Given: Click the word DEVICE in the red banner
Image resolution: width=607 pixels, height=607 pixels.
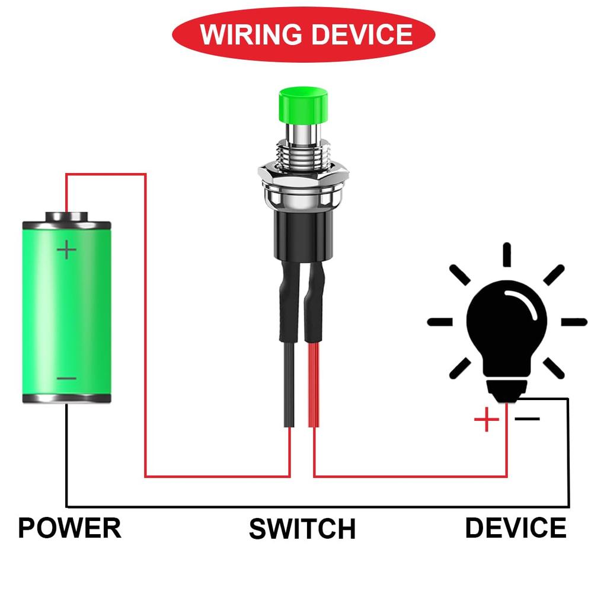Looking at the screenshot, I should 362,34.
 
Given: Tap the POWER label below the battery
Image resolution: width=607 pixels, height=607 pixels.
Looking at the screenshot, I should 69,528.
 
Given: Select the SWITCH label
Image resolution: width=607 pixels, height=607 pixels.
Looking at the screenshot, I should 302,529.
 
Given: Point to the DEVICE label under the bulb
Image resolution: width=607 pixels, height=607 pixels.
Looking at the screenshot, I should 515,528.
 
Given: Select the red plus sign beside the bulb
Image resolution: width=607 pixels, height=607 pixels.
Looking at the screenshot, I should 487,420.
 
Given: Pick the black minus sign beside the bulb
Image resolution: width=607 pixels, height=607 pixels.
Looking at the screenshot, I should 527,418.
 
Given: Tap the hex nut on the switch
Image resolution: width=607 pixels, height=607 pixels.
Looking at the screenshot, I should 303,174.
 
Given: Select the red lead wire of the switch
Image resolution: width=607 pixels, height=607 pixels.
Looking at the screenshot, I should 314,385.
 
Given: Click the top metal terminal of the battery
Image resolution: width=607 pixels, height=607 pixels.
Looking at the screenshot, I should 66,216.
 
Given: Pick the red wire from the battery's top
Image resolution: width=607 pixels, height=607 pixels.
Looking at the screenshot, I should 107,174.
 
